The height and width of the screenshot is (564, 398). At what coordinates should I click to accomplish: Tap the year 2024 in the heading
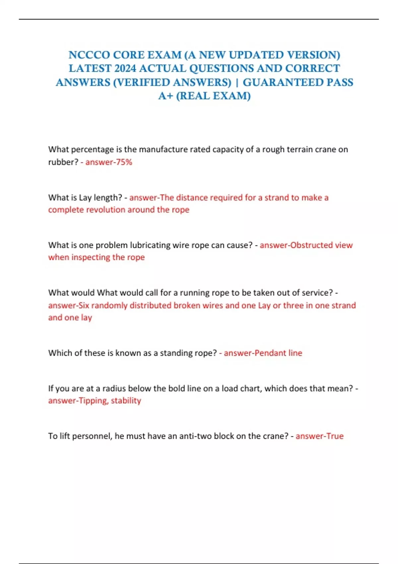click(x=125, y=68)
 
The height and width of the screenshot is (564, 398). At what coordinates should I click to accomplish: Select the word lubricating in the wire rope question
click(x=151, y=245)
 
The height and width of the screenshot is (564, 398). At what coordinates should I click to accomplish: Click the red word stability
click(x=126, y=400)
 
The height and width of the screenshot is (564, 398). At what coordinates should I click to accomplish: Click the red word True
click(x=335, y=436)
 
